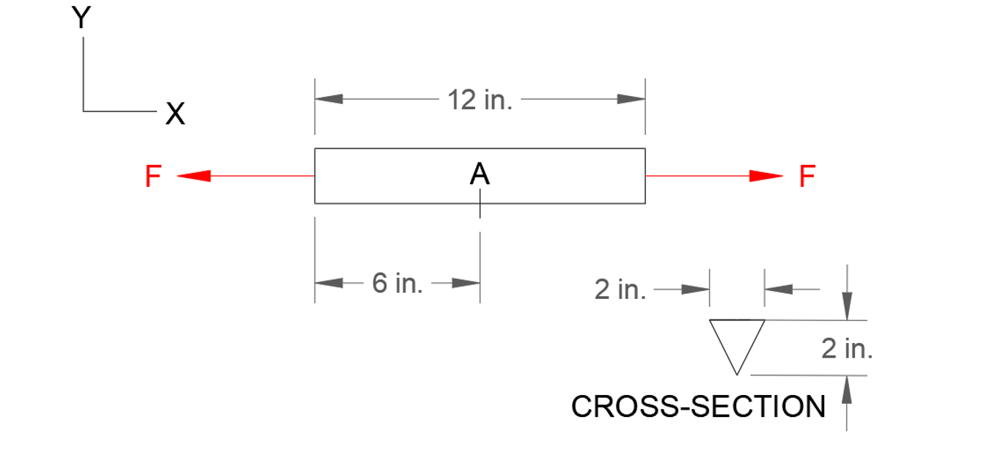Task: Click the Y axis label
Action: click(x=81, y=18)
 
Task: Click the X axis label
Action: click(x=175, y=114)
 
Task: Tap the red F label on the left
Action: click(x=153, y=177)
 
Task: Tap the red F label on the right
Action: click(x=807, y=177)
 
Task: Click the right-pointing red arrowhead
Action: click(x=766, y=177)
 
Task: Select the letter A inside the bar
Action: click(x=479, y=174)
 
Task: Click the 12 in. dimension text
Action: click(x=480, y=100)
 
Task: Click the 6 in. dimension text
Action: click(x=397, y=283)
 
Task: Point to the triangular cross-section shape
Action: click(x=737, y=339)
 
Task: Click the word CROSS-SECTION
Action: click(x=698, y=407)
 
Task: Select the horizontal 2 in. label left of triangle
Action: click(x=620, y=290)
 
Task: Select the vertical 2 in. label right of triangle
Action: click(x=847, y=349)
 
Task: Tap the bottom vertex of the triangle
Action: click(x=737, y=374)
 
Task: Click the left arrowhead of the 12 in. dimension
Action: click(x=329, y=99)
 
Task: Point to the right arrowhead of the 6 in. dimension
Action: click(x=466, y=284)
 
